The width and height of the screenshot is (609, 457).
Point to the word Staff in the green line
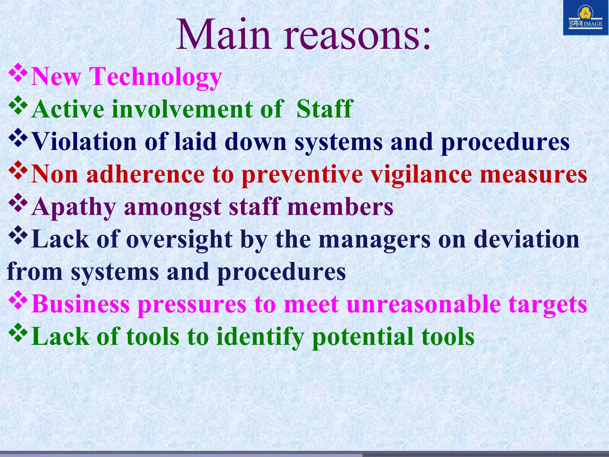click(324, 109)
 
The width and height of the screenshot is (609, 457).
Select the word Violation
click(84, 142)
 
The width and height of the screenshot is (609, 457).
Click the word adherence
click(145, 174)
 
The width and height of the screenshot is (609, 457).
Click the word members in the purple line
click(340, 207)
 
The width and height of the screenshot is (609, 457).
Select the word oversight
click(179, 240)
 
